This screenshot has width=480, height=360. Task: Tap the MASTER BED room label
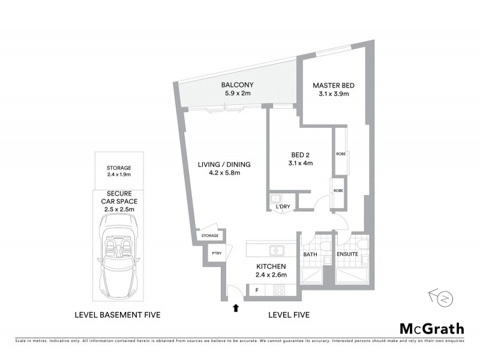[x=331, y=85]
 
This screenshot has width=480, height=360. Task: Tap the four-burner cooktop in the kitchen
[x=280, y=290]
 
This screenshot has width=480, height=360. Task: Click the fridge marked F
[x=257, y=290]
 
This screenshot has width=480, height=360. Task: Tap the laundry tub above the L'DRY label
[x=276, y=199]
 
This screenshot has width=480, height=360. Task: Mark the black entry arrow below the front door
[x=236, y=308]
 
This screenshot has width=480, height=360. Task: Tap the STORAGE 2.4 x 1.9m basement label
[x=119, y=171]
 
